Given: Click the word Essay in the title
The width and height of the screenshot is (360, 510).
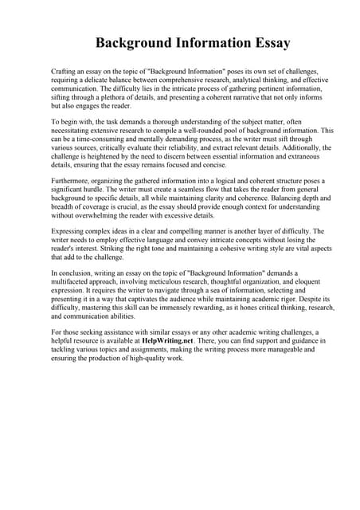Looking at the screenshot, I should (266, 42).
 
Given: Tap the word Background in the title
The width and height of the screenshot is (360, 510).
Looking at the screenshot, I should (137, 42).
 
